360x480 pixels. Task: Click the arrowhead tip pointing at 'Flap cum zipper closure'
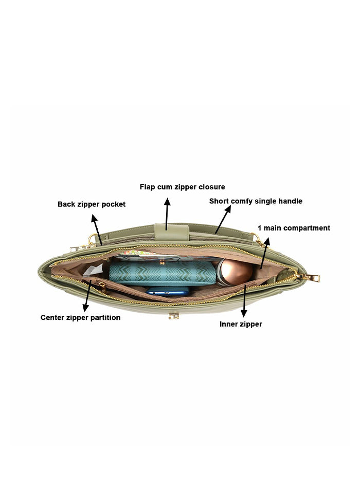tap(167, 198)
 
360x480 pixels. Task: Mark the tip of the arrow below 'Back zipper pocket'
tap(93, 215)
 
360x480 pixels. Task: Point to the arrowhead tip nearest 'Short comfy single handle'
tap(230, 206)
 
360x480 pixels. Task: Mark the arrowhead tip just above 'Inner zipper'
tap(244, 317)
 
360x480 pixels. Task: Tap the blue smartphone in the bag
tap(168, 291)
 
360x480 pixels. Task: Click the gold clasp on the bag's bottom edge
tap(174, 315)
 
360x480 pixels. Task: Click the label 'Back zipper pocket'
tap(92, 204)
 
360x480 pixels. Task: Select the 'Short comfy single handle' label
tap(256, 201)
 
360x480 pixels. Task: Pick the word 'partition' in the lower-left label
tap(105, 317)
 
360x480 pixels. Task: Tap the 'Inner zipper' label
tap(241, 324)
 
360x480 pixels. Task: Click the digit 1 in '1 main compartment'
tap(260, 228)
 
